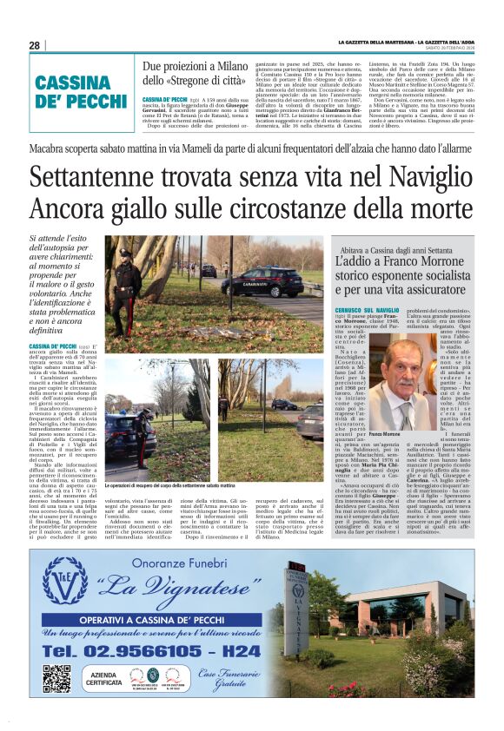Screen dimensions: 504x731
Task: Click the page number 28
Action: (x=34, y=45)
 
